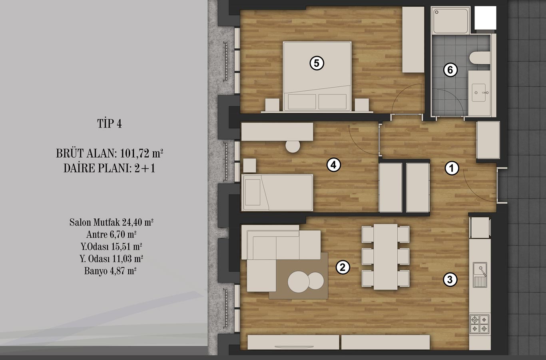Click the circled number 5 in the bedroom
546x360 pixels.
click(x=317, y=63)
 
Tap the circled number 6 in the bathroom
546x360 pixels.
click(x=450, y=70)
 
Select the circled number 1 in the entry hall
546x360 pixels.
click(x=452, y=168)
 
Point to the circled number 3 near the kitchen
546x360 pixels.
click(x=450, y=280)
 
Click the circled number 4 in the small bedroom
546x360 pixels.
click(x=333, y=165)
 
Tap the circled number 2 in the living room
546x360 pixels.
click(x=343, y=267)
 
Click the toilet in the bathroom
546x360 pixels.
click(x=480, y=58)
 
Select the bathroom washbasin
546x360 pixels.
click(x=479, y=93)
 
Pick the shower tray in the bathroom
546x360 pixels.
click(x=450, y=20)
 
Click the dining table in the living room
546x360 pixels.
click(x=386, y=257)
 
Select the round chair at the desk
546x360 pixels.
click(x=293, y=146)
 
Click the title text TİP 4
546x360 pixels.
click(x=110, y=124)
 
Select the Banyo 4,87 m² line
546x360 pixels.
click(x=110, y=271)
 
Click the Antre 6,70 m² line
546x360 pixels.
click(x=111, y=234)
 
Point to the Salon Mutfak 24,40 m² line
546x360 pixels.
click(x=112, y=222)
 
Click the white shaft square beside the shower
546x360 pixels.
click(x=485, y=18)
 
